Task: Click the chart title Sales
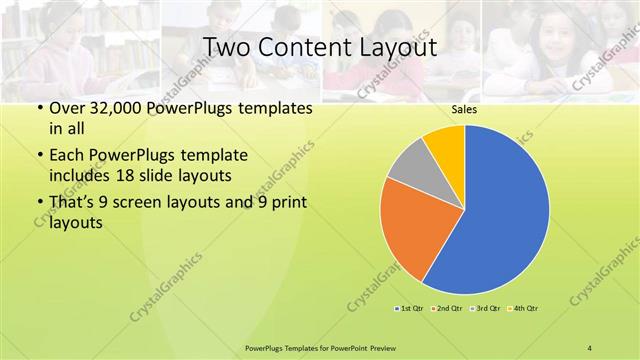(x=464, y=110)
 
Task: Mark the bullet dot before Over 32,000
(x=39, y=108)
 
